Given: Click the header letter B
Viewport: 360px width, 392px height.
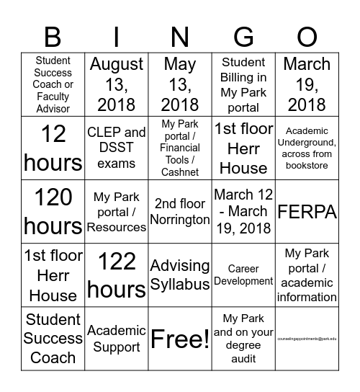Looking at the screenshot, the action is [53, 36].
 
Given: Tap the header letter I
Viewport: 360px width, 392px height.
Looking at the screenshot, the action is [116, 36].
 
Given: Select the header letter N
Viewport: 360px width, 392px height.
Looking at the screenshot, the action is [180, 36].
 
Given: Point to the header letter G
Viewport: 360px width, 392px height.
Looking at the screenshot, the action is [243, 36].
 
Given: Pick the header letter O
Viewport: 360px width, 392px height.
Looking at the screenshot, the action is [307, 36].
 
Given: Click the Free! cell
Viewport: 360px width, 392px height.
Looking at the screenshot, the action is [180, 338].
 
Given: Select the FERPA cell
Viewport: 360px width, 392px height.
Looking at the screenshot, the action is [307, 211].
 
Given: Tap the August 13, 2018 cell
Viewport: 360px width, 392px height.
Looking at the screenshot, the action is [116, 84].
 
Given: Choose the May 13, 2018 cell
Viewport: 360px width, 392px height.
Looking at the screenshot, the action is [180, 84].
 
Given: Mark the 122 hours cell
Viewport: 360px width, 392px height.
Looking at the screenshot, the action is [116, 275].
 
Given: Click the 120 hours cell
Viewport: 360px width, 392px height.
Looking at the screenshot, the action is [53, 211].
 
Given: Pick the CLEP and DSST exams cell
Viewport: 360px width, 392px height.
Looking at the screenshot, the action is [116, 148].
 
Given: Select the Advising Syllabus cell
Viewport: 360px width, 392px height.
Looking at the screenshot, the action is [180, 275].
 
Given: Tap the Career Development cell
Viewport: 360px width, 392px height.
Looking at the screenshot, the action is [243, 275].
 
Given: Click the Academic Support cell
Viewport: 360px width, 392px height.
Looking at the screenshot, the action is [116, 338].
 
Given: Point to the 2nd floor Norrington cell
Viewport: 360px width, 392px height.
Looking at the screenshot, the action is [180, 211].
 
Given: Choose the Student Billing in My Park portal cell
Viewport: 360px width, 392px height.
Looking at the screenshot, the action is [243, 84].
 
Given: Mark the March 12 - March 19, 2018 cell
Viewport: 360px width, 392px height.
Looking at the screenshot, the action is [243, 211].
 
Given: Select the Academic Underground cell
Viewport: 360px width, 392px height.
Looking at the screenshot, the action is [307, 148].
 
